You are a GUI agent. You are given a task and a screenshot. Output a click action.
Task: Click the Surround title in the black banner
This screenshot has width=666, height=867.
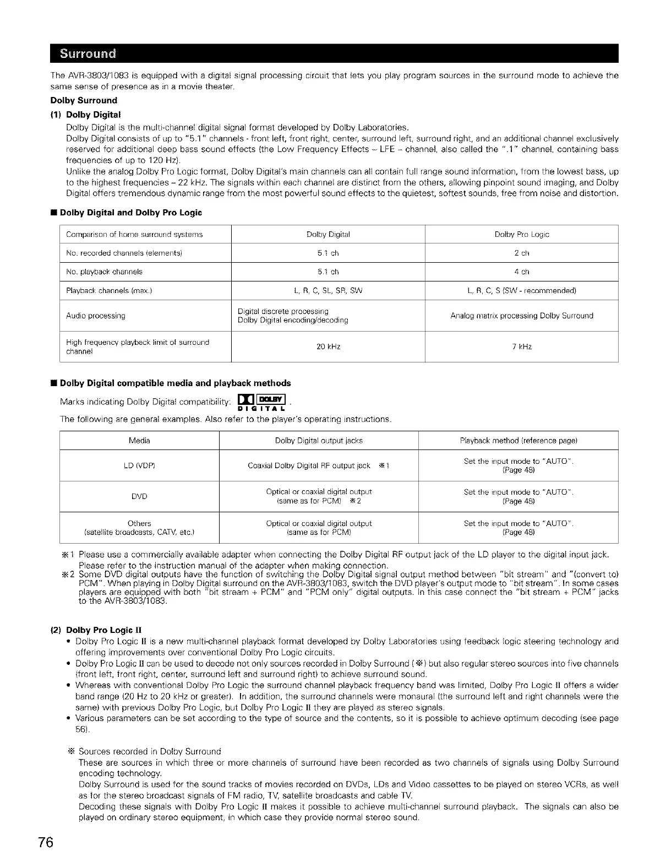tap(88, 54)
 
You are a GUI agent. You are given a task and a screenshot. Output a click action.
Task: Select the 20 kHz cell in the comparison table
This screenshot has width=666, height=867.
tap(329, 347)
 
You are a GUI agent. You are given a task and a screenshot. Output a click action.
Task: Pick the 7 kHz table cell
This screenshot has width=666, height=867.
tap(521, 347)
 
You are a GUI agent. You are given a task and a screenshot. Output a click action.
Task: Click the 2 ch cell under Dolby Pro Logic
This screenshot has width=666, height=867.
tap(521, 253)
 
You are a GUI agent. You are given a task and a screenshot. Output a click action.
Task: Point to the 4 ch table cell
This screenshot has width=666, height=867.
tap(521, 272)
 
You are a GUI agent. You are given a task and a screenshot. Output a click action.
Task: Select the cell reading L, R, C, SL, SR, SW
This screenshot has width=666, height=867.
tap(329, 291)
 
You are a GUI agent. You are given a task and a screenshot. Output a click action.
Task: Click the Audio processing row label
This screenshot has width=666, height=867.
tap(96, 316)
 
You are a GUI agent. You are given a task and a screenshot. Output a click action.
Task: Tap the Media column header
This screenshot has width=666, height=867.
tap(139, 441)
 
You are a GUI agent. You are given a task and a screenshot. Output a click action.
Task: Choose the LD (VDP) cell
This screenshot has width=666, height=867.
tap(139, 466)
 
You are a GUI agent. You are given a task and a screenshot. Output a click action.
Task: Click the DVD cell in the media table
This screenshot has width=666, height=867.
tap(139, 497)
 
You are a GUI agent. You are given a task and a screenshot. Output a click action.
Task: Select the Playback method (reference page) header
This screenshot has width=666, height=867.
tap(518, 441)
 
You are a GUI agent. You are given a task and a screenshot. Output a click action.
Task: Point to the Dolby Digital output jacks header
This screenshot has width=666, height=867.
tap(319, 441)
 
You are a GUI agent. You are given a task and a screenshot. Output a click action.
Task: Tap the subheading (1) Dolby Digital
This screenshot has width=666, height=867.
tap(93, 115)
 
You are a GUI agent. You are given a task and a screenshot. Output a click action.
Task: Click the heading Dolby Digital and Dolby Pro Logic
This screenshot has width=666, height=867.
tap(130, 213)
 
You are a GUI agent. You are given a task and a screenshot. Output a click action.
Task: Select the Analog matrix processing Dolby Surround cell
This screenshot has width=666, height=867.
tap(521, 316)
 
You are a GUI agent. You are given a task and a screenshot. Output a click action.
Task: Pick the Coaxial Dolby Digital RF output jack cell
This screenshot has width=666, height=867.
tap(319, 466)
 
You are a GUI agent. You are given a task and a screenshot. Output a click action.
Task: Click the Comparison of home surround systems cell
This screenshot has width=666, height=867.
tap(134, 235)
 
